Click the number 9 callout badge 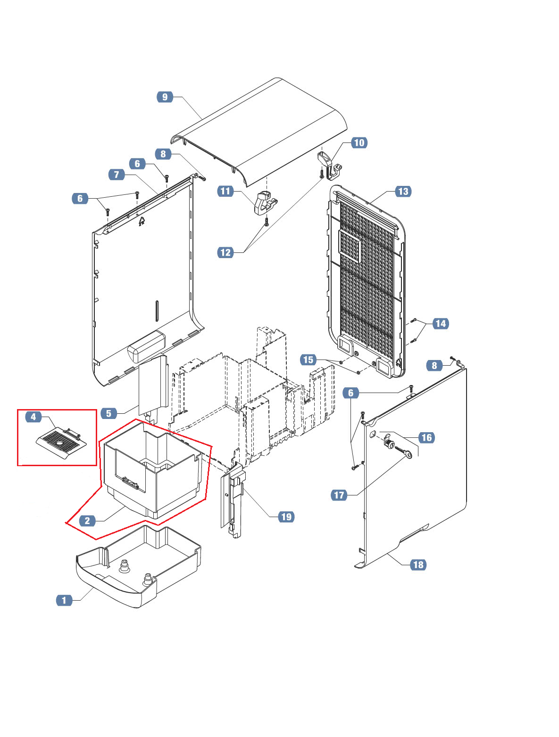tap(165, 97)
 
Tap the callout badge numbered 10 tap(359, 142)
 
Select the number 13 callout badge tap(403, 191)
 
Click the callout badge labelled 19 tap(286, 517)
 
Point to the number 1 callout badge tap(64, 600)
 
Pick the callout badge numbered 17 tap(339, 495)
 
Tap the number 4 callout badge tap(33, 417)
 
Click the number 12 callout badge tap(225, 252)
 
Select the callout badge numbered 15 tap(308, 360)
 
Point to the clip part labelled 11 tap(265, 203)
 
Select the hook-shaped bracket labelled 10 tap(329, 166)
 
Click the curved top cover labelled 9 tap(264, 127)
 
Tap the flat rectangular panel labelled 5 tap(152, 385)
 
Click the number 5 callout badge tap(108, 413)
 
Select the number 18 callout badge tap(418, 564)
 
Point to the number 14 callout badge tap(440, 324)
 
